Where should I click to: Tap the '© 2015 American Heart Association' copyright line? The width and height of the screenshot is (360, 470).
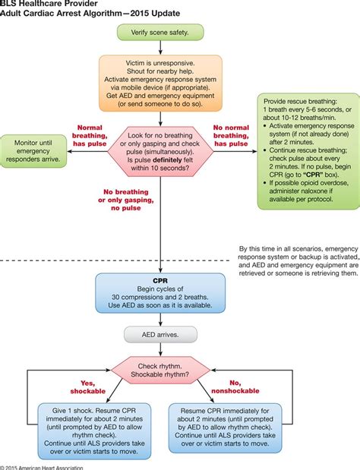[42, 466]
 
